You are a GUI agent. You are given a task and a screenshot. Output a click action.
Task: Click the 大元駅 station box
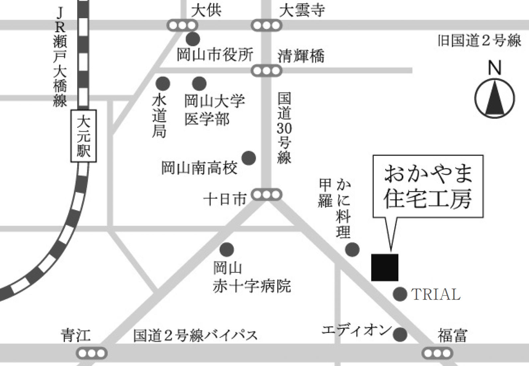[83, 136]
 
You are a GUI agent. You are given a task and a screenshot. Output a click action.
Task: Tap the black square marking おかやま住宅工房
[384, 268]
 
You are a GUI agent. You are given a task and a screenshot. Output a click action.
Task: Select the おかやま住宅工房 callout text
[428, 186]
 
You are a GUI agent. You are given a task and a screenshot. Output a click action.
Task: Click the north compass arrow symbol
[494, 98]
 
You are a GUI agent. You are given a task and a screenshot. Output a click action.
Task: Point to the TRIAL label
[436, 295]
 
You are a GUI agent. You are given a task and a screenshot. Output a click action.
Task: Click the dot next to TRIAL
[400, 294]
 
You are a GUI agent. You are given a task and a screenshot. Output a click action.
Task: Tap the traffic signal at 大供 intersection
[182, 25]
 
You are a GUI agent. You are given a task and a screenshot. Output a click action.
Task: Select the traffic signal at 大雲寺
[266, 25]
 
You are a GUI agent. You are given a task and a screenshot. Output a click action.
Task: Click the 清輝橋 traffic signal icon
[266, 71]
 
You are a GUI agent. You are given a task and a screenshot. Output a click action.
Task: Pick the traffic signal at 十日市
[266, 195]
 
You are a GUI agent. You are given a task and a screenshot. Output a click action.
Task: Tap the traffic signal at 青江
[92, 353]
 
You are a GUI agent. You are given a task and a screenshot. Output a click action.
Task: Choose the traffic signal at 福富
[437, 353]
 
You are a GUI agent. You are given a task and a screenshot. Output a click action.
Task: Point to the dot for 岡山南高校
[249, 158]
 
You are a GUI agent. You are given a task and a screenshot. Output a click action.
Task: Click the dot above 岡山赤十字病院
[227, 249]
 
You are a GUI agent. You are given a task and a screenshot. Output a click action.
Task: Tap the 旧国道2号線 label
[479, 41]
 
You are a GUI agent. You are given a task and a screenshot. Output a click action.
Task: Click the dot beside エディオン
[400, 334]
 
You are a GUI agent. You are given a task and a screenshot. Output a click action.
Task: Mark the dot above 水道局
[162, 83]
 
